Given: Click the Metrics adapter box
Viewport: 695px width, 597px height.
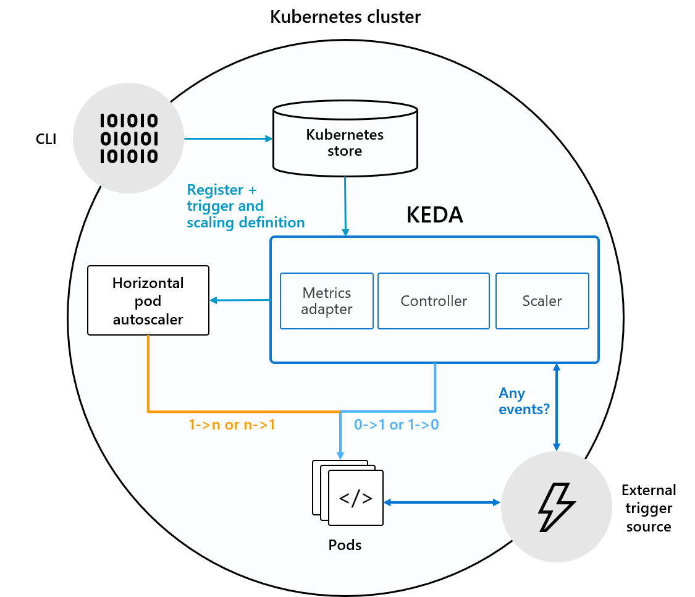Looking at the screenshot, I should tap(326, 301).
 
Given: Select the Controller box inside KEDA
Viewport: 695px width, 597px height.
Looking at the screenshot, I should tap(434, 301).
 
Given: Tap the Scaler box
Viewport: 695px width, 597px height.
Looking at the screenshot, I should tap(542, 301).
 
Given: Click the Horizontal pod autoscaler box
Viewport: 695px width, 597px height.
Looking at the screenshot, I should tap(148, 300).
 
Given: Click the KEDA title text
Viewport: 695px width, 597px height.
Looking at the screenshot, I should tap(434, 215).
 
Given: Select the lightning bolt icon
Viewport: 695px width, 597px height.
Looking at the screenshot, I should tap(556, 507).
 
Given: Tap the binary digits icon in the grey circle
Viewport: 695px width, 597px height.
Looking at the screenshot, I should tap(128, 138).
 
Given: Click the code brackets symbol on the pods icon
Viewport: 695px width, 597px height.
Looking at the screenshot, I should tap(356, 498).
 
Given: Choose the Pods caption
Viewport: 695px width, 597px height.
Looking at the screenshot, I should tap(345, 545).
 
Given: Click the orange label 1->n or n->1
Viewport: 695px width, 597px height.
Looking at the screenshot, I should tap(232, 425).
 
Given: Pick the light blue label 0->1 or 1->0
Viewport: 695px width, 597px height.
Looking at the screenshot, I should tap(396, 425).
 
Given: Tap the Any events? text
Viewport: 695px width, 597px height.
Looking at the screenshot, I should tap(524, 400).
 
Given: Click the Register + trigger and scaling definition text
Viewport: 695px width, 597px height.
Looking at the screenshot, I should tap(245, 206).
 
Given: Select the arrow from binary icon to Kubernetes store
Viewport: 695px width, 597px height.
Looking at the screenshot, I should tap(229, 138).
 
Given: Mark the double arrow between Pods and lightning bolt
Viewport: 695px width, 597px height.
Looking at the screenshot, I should tap(442, 502).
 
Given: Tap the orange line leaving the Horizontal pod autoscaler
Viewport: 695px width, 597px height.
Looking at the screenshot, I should tap(148, 377).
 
